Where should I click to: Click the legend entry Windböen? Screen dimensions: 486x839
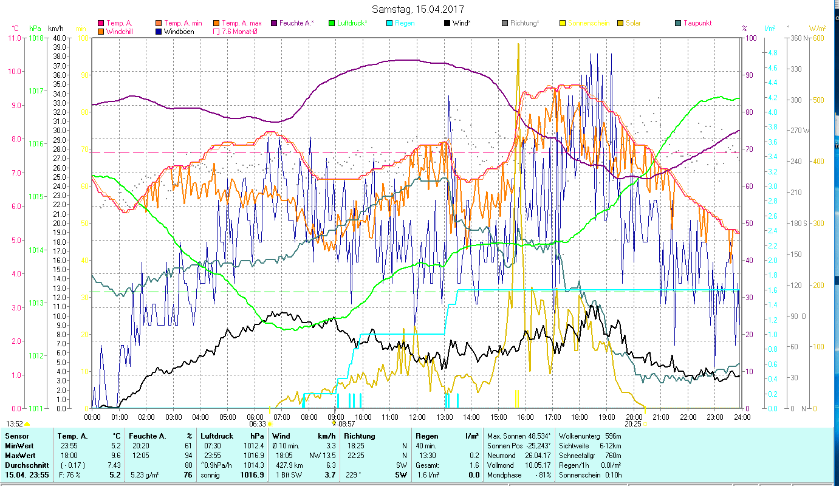pos(178,31)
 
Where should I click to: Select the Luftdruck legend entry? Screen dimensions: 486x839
pos(352,23)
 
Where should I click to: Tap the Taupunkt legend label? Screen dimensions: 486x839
pos(697,23)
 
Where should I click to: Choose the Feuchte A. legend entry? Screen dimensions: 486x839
pos(296,23)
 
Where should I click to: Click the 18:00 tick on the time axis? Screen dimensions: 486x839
pos(580,417)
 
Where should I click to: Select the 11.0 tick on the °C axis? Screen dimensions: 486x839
pos(14,38)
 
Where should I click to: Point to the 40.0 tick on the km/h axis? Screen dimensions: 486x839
pos(60,38)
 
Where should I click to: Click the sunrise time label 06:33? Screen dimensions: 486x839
pos(257,424)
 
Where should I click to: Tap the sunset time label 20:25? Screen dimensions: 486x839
pos(632,424)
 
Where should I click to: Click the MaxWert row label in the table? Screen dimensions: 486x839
pos(19,455)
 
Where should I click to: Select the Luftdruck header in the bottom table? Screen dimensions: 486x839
pos(217,436)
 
